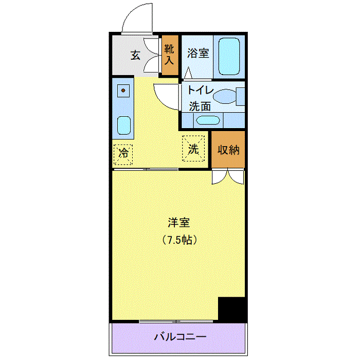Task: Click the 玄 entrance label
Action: [x=135, y=55]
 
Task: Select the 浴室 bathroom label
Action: [x=198, y=53]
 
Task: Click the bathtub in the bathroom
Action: [x=227, y=56]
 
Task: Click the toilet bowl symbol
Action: [x=226, y=96]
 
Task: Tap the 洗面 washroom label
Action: [x=200, y=107]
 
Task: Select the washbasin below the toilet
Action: [x=208, y=121]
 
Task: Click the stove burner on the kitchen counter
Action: [x=123, y=91]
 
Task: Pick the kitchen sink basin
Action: [x=123, y=124]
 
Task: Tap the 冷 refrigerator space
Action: [x=123, y=152]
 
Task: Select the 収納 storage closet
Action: [x=228, y=150]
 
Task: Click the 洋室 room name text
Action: [x=179, y=223]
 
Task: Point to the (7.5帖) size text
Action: [x=179, y=240]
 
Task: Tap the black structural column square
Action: [x=232, y=309]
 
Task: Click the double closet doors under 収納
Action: [x=228, y=176]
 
